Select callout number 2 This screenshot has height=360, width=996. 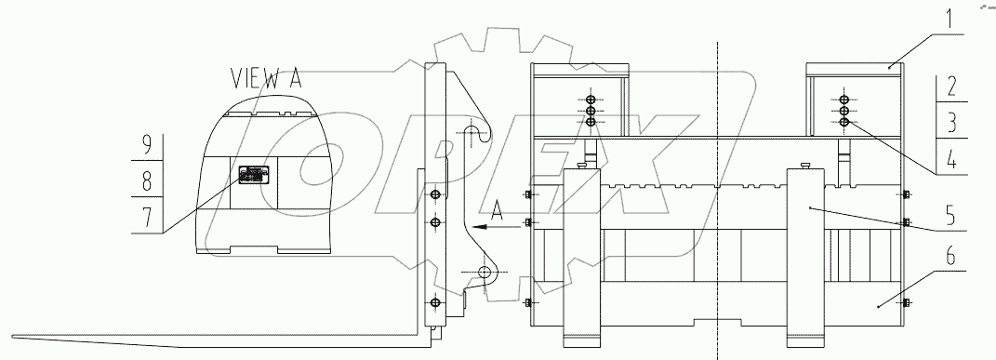[x=950, y=88]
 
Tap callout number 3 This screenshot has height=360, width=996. [x=950, y=122]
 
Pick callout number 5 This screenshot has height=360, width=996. [x=950, y=211]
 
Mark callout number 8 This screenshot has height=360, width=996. [x=147, y=180]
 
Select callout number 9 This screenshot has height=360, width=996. [x=147, y=145]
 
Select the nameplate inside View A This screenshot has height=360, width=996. [x=253, y=175]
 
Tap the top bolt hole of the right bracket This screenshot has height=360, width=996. [x=843, y=99]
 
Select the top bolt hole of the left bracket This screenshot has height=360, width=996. [x=591, y=99]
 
